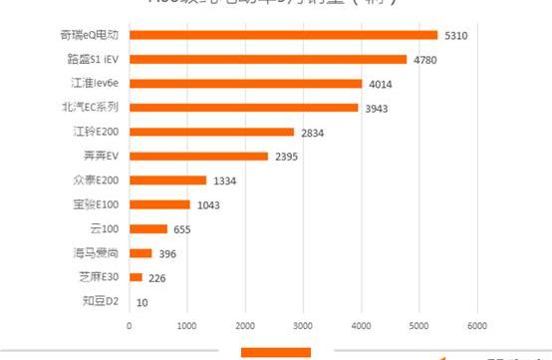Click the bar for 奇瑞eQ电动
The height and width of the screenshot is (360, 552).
click(283, 35)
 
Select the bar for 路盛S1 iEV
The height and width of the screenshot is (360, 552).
click(267, 59)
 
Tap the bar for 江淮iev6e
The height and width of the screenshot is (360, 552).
click(245, 83)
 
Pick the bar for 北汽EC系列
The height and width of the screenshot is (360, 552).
click(243, 108)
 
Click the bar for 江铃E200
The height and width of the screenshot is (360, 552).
click(211, 132)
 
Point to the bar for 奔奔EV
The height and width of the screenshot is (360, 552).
click(198, 156)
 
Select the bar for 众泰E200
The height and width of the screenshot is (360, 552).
click(167, 180)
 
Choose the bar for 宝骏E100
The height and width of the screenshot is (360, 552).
click(159, 204)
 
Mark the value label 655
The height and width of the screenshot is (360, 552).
click(182, 229)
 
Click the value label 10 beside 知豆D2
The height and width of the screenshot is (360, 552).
click(142, 302)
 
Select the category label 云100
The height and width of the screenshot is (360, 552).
click(104, 228)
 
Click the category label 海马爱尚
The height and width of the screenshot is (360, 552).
click(97, 253)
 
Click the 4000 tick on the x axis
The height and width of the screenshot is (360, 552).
click(361, 325)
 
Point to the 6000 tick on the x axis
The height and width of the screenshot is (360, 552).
click(476, 325)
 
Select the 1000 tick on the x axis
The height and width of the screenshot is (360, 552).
click(186, 325)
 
